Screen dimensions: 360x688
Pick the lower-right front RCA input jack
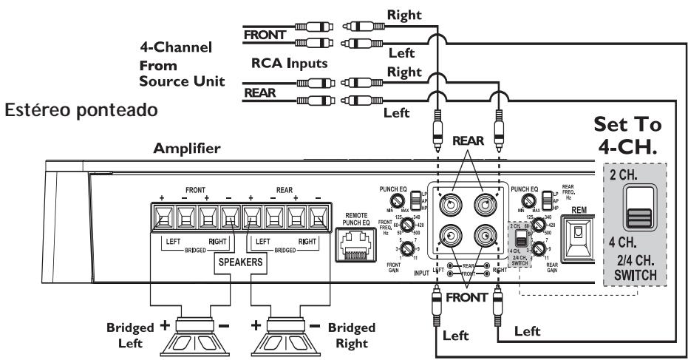486,237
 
